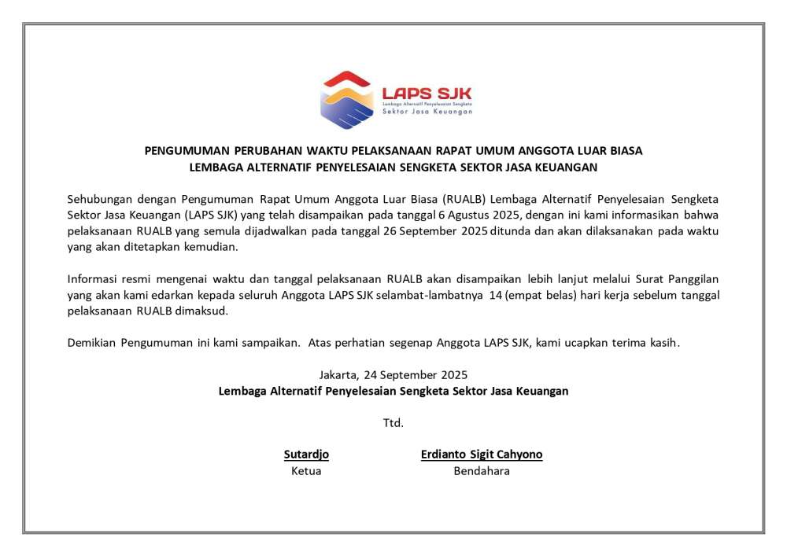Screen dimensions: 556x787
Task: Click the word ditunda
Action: tap(512, 231)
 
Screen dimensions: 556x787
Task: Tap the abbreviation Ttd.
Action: tap(393, 423)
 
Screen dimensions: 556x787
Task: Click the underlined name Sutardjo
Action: tap(306, 455)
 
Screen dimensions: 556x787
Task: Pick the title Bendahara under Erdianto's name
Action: tap(482, 471)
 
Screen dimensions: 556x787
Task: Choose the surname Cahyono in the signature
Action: tap(519, 455)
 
